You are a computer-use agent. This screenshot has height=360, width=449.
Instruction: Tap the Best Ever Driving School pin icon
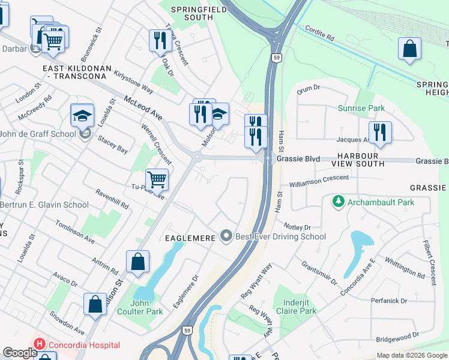tap(226, 236)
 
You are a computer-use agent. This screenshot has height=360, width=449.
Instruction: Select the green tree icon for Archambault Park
tap(339, 202)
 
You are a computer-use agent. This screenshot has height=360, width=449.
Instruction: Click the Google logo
tap(20, 353)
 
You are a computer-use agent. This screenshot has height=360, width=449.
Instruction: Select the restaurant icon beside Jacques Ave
tap(379, 133)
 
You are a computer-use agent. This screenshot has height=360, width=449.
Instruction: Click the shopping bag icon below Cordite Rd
tap(409, 49)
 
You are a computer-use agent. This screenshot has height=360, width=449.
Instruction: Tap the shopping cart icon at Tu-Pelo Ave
tap(157, 179)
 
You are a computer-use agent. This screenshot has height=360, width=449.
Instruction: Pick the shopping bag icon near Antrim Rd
tap(137, 262)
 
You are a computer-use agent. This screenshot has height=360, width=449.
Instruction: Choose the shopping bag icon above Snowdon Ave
tap(95, 304)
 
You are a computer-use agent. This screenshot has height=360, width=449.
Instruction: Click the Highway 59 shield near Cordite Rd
tap(276, 58)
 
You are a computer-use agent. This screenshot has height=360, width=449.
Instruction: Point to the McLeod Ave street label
tap(143, 107)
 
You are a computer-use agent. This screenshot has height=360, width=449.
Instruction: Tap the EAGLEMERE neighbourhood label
tap(190, 238)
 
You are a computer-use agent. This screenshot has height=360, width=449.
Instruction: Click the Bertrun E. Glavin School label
tap(44, 205)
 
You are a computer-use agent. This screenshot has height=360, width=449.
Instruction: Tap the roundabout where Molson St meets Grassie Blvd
tap(196, 157)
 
